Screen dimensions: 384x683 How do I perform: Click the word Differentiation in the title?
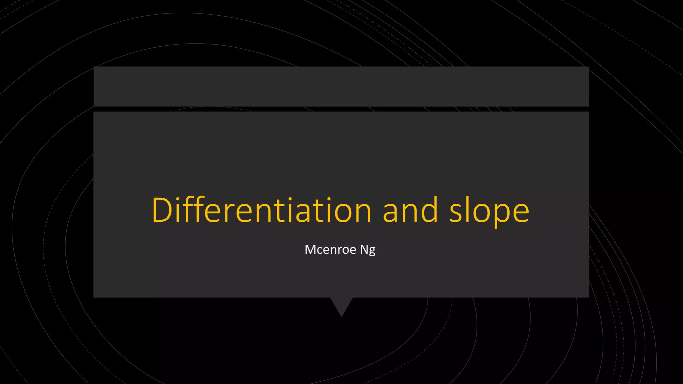tap(261, 210)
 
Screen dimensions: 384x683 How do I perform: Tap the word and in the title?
tap(410, 210)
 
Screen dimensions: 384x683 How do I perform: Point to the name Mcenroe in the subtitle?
tap(330, 249)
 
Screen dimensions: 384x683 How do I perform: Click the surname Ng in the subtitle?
tap(368, 250)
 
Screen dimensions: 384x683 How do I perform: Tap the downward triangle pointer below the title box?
tap(341, 305)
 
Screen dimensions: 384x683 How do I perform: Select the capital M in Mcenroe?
tap(311, 249)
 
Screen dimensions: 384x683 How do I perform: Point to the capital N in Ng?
tap(364, 249)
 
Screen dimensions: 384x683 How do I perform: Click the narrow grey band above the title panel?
tap(341, 86)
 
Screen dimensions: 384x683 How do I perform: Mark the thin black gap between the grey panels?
tap(341, 109)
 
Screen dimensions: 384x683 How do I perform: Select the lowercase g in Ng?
tap(372, 251)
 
